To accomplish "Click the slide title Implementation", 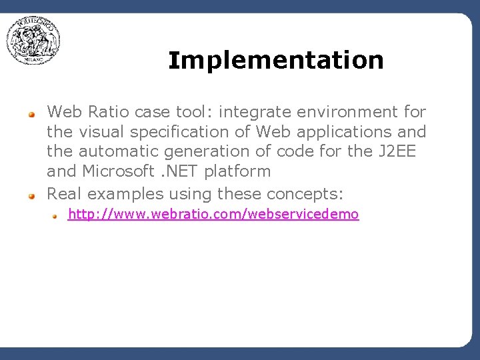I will [x=276, y=61].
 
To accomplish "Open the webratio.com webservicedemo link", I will [x=213, y=214].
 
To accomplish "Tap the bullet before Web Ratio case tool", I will [x=31, y=114].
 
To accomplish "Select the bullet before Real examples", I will [x=31, y=196].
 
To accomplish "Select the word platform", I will [x=237, y=171].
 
